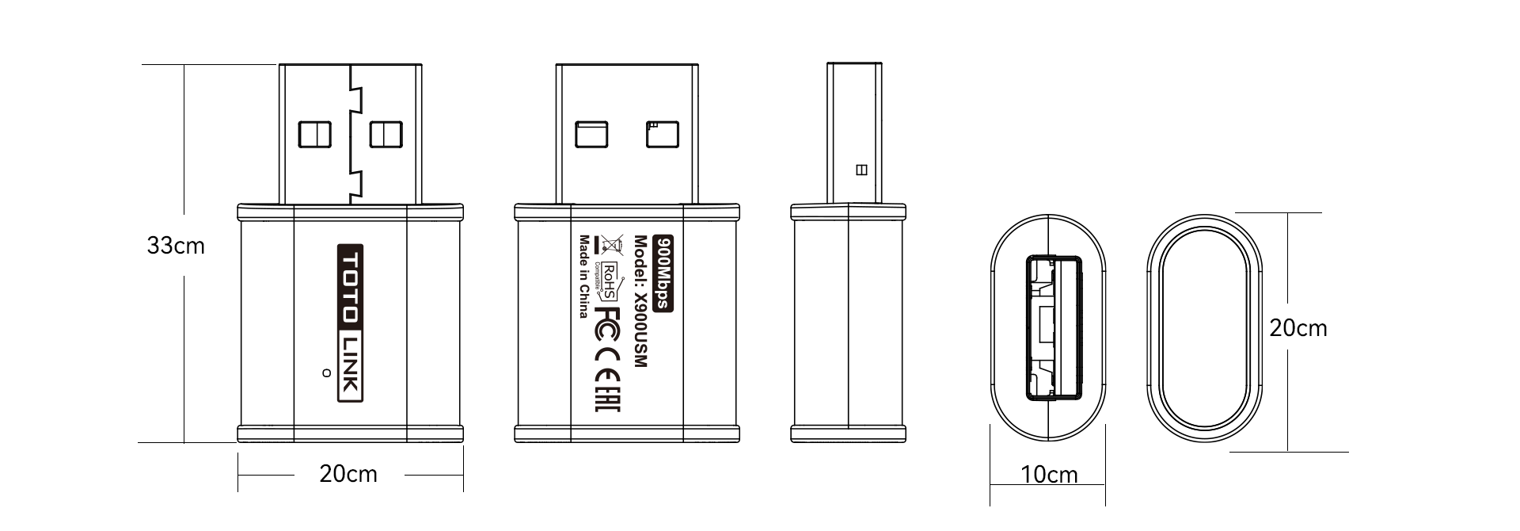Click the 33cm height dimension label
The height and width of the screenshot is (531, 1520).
176,246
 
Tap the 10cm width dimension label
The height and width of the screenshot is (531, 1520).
1049,475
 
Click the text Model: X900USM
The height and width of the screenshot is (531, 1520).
641,301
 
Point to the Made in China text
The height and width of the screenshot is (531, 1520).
583,276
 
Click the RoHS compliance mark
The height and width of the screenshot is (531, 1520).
610,281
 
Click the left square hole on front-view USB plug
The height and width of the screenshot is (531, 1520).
314,135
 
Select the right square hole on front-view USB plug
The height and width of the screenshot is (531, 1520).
386,135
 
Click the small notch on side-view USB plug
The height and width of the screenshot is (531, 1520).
862,170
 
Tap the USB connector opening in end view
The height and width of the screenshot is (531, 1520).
1054,327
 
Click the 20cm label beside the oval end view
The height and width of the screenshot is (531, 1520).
1298,328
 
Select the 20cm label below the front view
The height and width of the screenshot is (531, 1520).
348,474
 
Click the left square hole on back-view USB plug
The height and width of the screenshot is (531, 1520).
591,135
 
